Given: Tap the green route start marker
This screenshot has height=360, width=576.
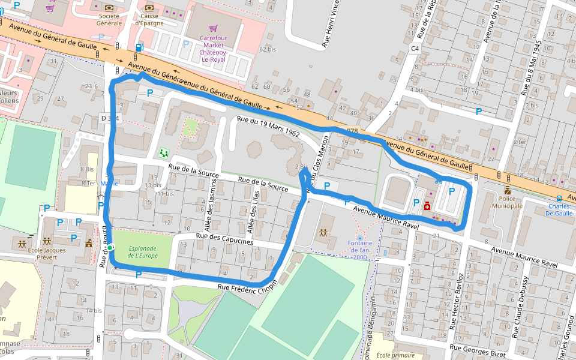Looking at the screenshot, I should point(110,247).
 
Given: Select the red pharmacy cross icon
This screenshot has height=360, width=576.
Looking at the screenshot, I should point(427,206).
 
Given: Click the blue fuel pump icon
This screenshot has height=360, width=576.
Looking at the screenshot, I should point(140,47).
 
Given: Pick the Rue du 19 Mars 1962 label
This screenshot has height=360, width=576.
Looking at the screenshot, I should point(268,126).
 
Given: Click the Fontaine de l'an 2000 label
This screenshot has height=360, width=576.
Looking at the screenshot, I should point(359,249).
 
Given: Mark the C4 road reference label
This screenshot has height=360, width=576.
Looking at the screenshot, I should point(415,48).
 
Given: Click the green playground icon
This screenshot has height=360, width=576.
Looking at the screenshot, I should point(163,153).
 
